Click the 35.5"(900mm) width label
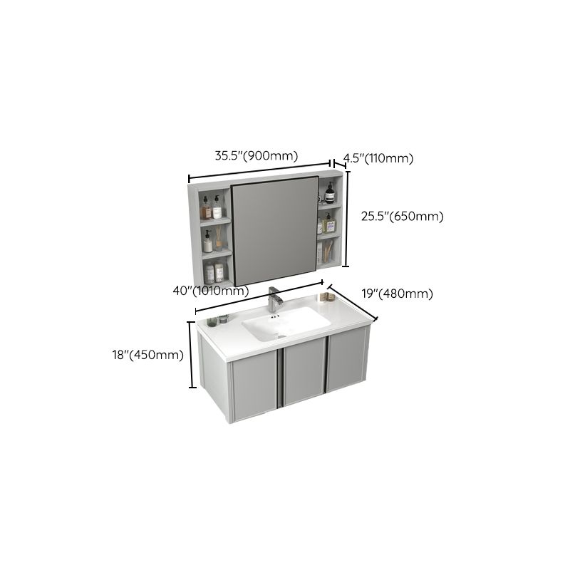[x=256, y=156]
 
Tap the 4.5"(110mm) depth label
[x=378, y=158]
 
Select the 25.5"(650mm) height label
[x=402, y=217]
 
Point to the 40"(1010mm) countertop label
[x=210, y=290]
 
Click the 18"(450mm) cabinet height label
[x=149, y=355]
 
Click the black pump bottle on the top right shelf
[x=330, y=193]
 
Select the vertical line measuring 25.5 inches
[x=347, y=217]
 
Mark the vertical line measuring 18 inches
[x=192, y=355]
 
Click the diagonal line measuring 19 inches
[x=351, y=304]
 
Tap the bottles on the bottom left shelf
[x=214, y=272]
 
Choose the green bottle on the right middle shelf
[x=328, y=224]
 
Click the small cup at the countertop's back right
[x=211, y=322]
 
